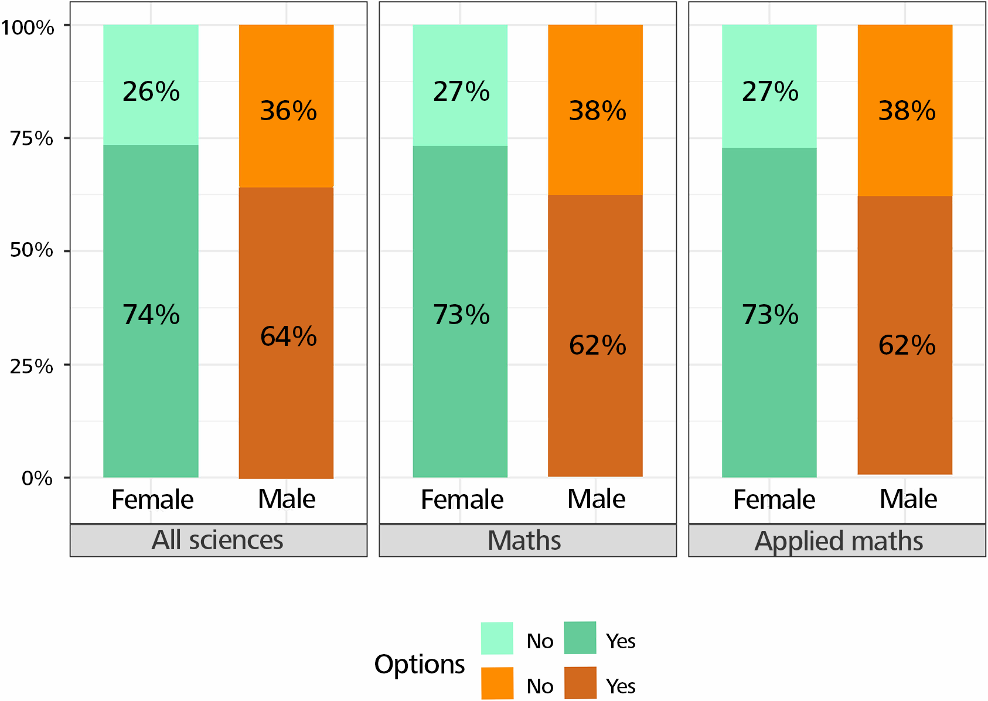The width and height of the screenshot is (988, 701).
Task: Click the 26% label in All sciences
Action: pyautogui.click(x=151, y=91)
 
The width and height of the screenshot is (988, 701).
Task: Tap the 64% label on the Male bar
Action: pyautogui.click(x=288, y=336)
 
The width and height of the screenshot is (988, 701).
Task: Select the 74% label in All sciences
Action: pyautogui.click(x=151, y=315)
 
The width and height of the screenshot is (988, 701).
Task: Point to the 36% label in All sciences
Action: pyautogui.click(x=288, y=111)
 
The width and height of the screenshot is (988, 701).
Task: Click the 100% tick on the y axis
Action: pyautogui.click(x=28, y=27)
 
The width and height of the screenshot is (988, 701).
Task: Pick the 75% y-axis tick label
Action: pyautogui.click(x=32, y=138)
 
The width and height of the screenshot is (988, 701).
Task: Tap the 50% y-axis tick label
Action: pyautogui.click(x=32, y=250)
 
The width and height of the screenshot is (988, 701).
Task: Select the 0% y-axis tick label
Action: pyautogui.click(x=37, y=478)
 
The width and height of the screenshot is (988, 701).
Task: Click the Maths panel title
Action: pyautogui.click(x=524, y=540)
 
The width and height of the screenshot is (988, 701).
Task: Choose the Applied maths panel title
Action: pyautogui.click(x=839, y=540)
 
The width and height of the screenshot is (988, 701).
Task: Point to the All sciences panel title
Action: pyautogui.click(x=217, y=540)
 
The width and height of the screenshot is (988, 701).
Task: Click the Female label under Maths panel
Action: pyautogui.click(x=462, y=500)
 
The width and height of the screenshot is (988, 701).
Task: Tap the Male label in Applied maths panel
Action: pyautogui.click(x=908, y=499)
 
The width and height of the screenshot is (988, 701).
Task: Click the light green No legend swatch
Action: pyautogui.click(x=497, y=638)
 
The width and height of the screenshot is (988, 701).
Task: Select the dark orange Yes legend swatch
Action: pyautogui.click(x=580, y=683)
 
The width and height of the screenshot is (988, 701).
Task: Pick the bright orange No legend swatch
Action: pyautogui.click(x=497, y=683)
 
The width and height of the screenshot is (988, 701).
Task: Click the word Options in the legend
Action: pyautogui.click(x=420, y=665)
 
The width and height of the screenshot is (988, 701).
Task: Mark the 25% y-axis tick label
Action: pyautogui.click(x=32, y=366)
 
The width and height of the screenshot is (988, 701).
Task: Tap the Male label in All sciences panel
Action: pyautogui.click(x=287, y=499)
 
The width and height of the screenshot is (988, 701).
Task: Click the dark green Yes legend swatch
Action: pyautogui.click(x=580, y=638)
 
